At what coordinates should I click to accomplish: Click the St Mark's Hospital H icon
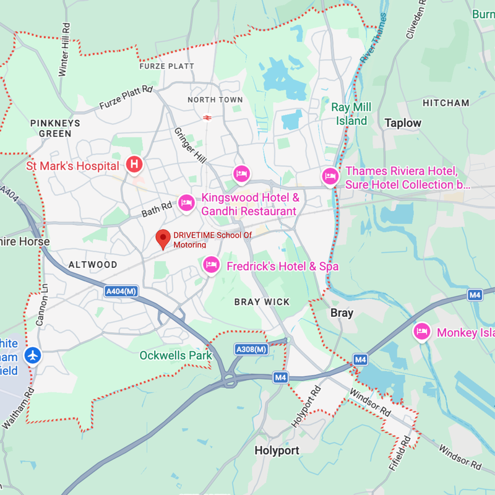[134, 165]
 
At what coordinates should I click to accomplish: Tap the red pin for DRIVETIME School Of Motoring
[163, 238]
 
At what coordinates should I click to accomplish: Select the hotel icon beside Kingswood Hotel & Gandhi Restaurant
[186, 202]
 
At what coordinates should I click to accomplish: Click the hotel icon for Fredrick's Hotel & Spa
[212, 265]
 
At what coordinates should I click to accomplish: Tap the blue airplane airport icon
[33, 356]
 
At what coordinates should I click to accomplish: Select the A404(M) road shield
[121, 291]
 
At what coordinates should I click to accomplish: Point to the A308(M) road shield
[251, 350]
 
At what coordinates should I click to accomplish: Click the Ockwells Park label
[176, 355]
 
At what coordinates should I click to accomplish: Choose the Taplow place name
[403, 123]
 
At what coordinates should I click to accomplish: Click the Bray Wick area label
[262, 302]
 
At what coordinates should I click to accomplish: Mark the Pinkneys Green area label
[55, 128]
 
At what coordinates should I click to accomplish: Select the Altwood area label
[93, 264]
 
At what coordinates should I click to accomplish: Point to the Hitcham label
[445, 103]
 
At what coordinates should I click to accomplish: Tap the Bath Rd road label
[157, 210]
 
